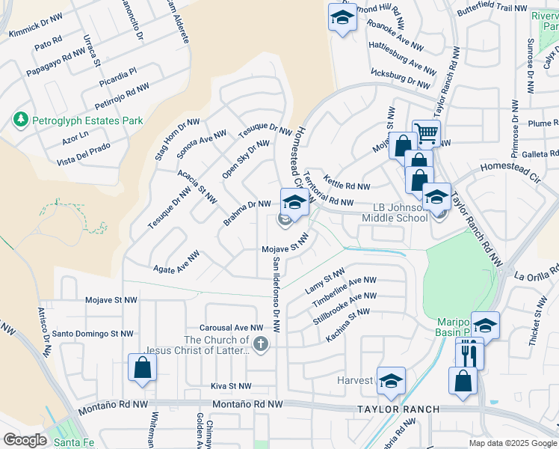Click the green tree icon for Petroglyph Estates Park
tap(19, 120)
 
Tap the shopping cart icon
tap(426, 134)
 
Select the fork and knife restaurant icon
tap(469, 352)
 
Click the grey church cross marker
tap(260, 344)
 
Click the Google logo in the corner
tap(25, 440)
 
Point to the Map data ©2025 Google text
tap(512, 443)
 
